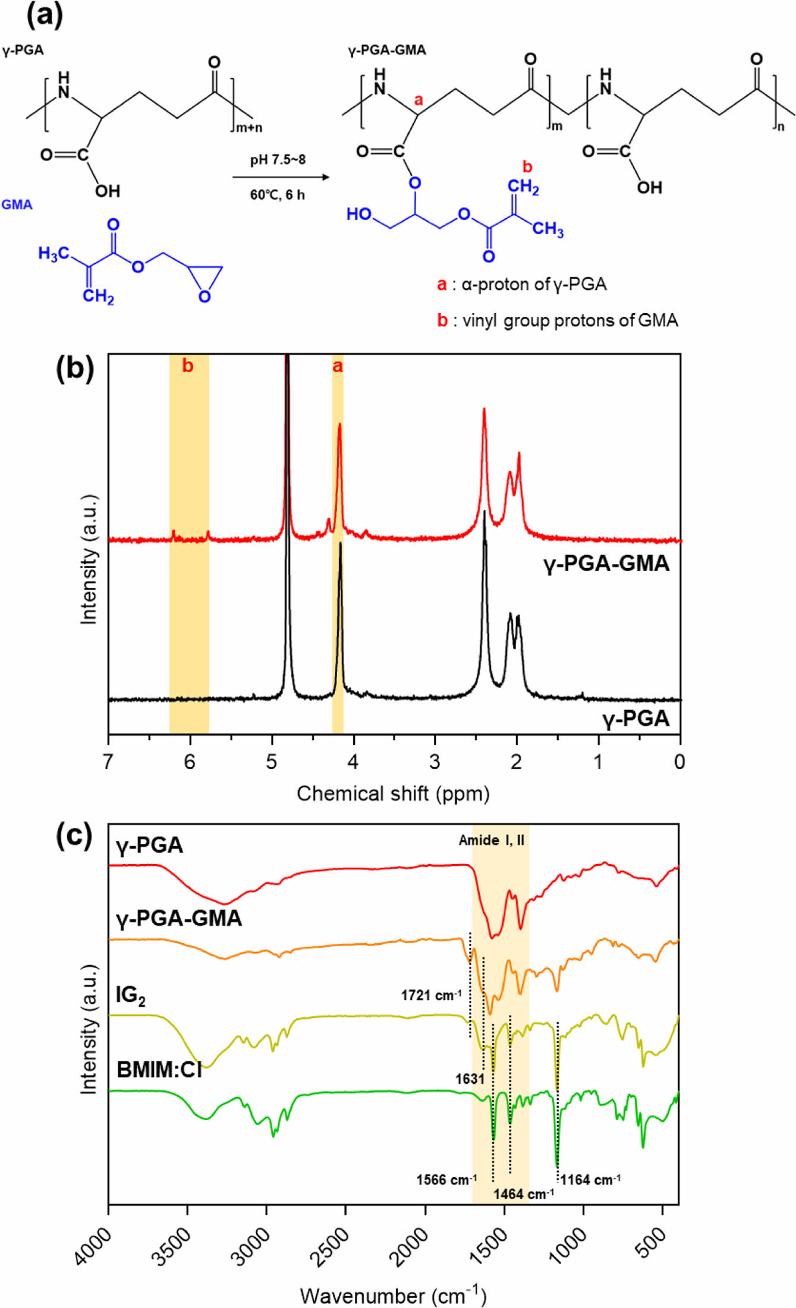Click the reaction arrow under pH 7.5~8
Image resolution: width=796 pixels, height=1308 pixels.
[280, 177]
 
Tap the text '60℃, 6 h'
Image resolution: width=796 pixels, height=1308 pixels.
[278, 195]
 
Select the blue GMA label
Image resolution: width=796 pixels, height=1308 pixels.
[17, 205]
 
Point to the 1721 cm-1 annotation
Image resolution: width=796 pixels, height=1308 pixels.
[431, 995]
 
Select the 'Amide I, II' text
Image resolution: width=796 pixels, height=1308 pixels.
[491, 840]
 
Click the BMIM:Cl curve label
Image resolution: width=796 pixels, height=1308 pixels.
[159, 1070]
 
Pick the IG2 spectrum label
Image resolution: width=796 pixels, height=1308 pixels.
[131, 995]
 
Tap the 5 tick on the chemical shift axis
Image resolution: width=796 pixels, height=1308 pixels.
[271, 762]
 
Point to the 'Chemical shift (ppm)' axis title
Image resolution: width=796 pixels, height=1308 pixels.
[393, 794]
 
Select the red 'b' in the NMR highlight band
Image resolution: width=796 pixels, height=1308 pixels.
[188, 366]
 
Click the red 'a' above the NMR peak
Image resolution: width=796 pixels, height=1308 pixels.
[337, 367]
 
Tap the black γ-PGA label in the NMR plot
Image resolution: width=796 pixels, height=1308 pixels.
[635, 719]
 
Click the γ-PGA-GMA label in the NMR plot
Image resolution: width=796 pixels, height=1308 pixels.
[606, 563]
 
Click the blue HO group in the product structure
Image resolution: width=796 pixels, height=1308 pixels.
[359, 214]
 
